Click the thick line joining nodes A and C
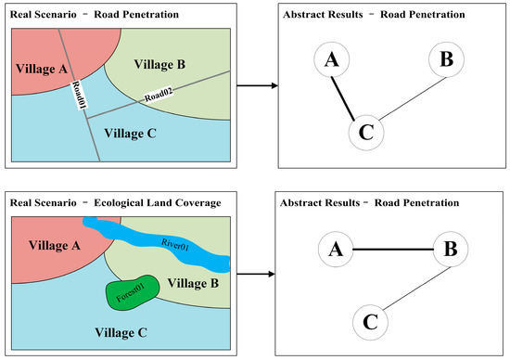tap(341, 97)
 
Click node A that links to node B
tap(337, 249)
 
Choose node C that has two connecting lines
tap(364, 134)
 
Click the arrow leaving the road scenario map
tap(256, 86)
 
